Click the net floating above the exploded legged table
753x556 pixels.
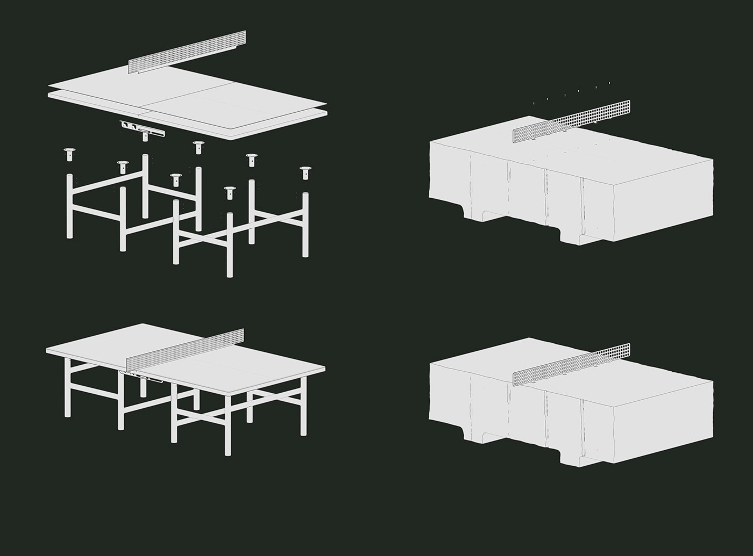click(x=188, y=52)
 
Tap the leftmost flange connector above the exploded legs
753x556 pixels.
click(x=69, y=154)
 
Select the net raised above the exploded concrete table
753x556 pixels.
click(x=572, y=121)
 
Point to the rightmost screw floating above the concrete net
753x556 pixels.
click(x=609, y=83)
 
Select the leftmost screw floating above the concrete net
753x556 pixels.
click(x=534, y=103)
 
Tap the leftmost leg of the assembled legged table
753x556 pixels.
click(x=68, y=387)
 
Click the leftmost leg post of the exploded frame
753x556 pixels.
click(x=69, y=207)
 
